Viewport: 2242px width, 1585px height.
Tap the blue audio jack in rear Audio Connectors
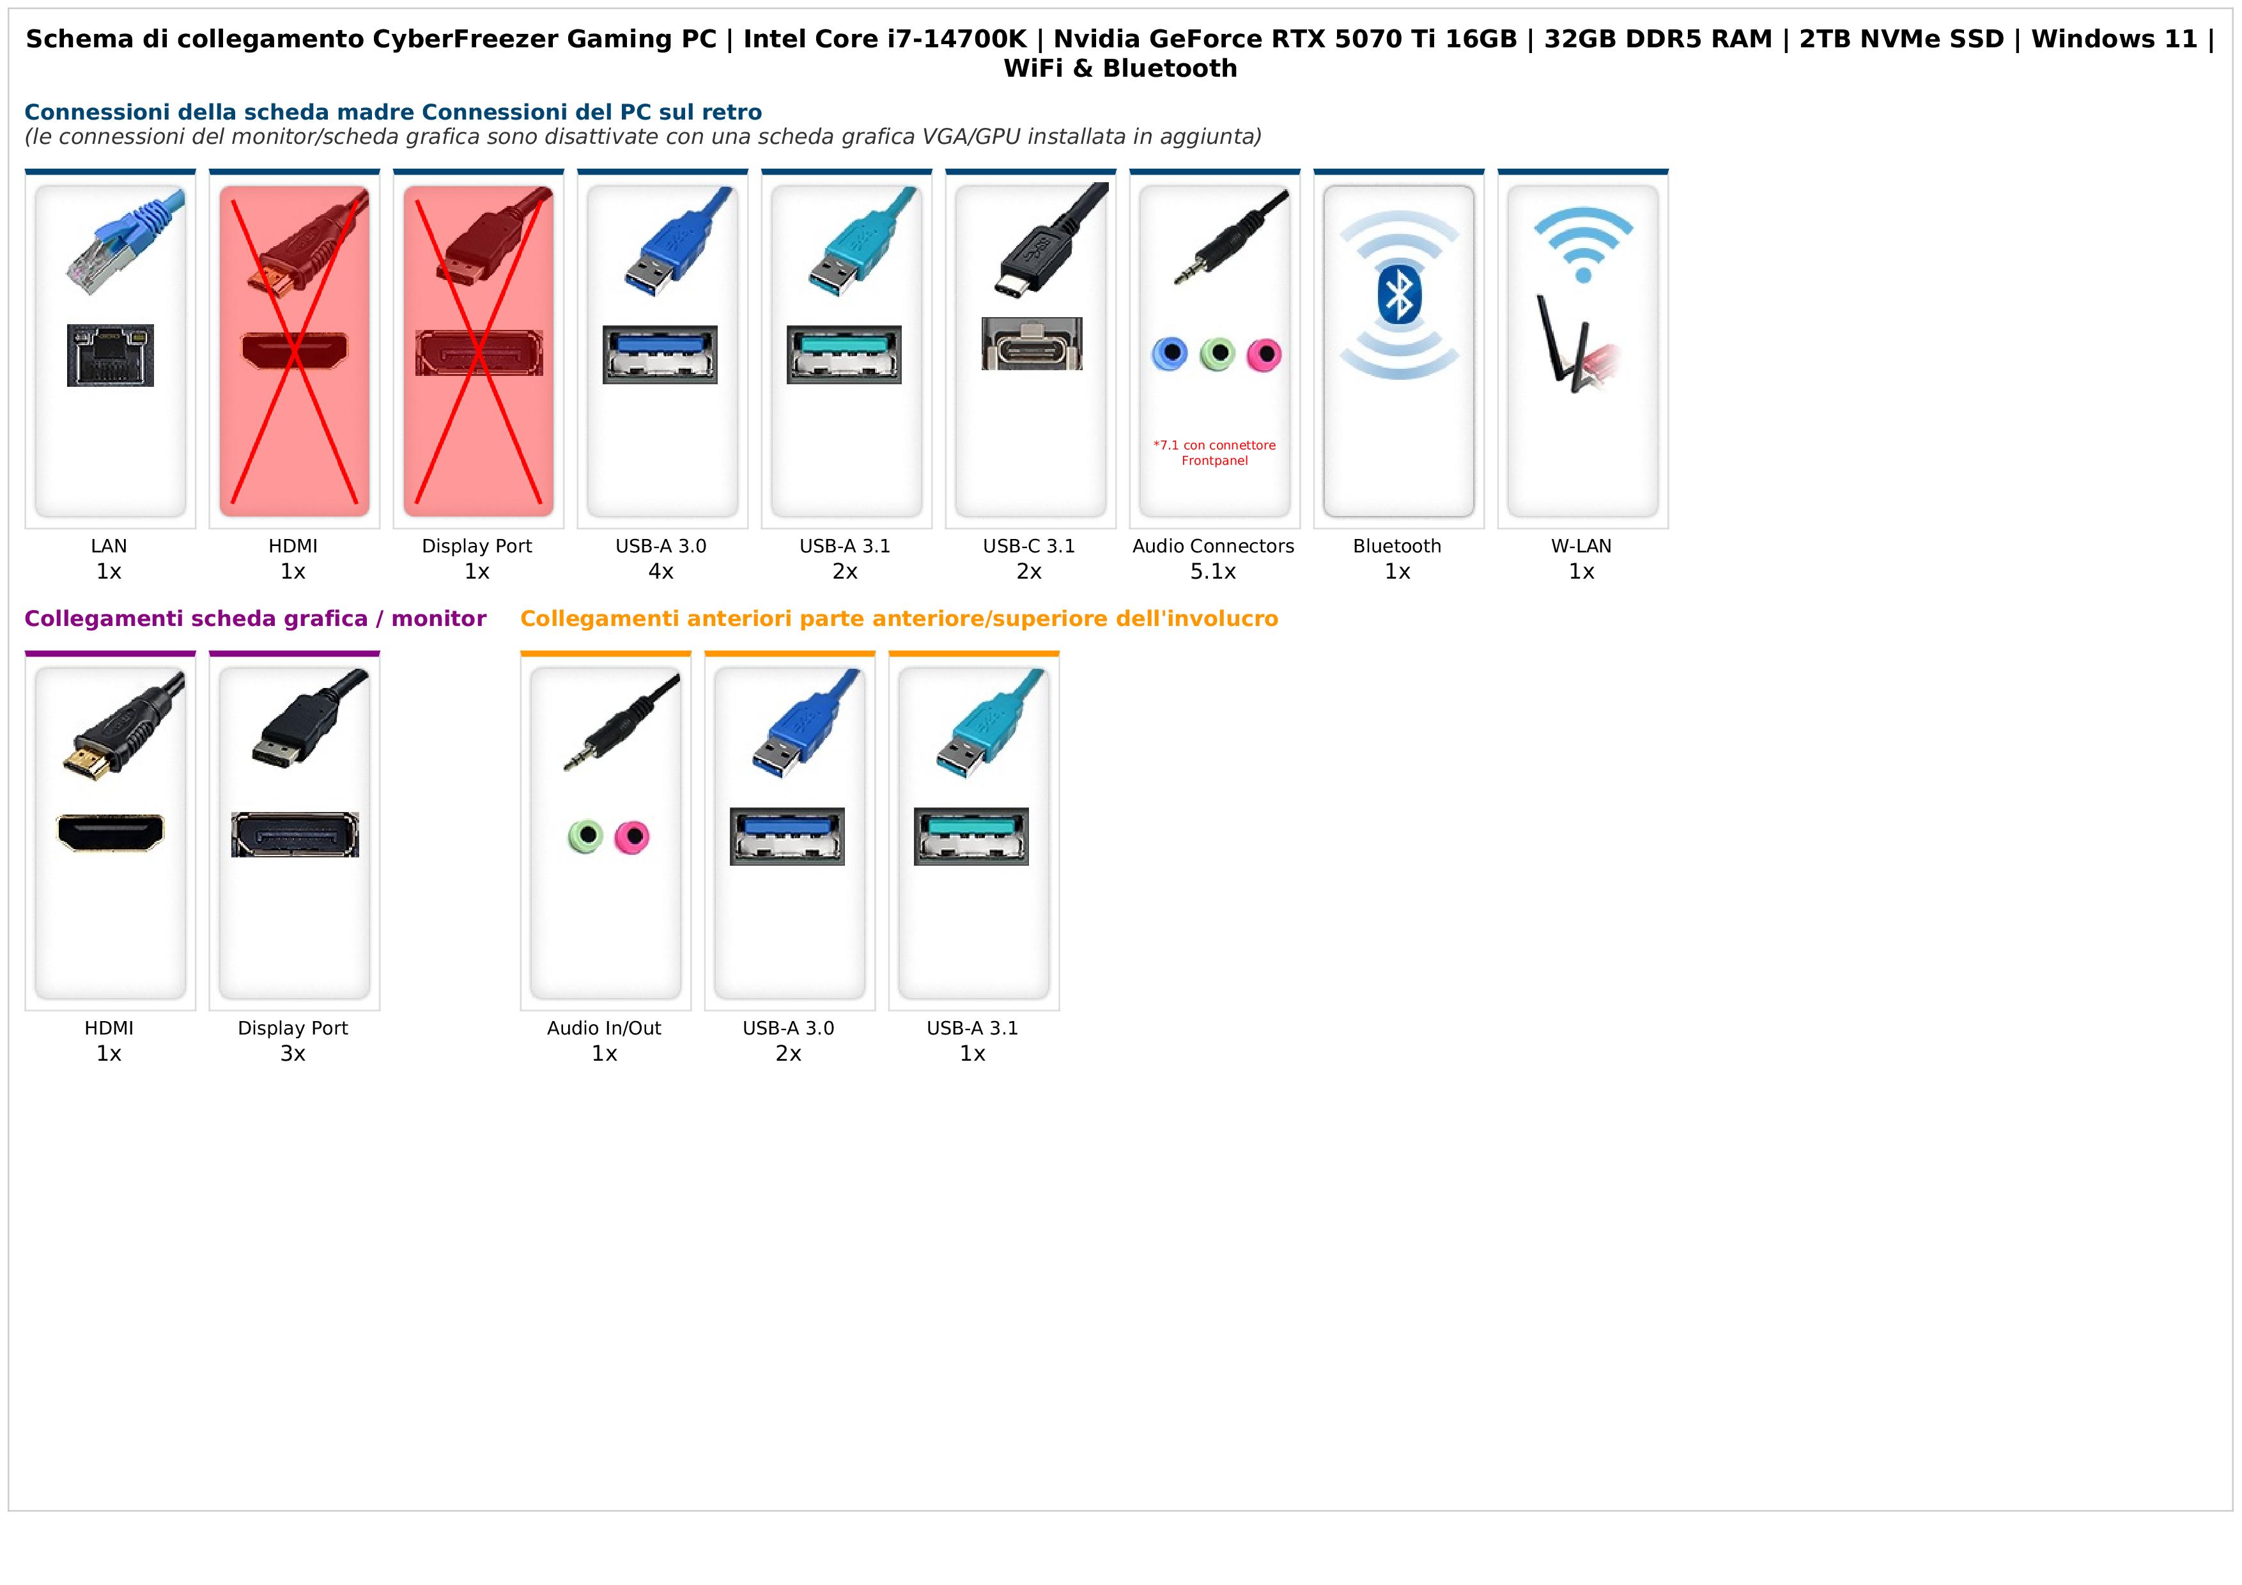pos(1169,354)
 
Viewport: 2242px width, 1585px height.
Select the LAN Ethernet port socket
pos(111,355)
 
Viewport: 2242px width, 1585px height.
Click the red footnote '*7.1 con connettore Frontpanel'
pos(1214,452)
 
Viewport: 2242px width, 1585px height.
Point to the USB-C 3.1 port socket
pos(1031,344)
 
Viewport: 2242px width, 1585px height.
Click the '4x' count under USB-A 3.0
pos(661,572)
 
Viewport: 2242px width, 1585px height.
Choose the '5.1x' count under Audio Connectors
pos(1213,572)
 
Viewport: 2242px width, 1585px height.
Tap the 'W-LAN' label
pos(1581,546)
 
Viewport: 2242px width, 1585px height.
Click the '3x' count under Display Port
pos(293,1054)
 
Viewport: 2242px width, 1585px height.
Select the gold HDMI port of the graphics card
pos(111,833)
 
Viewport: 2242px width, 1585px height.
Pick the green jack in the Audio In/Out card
pos(585,836)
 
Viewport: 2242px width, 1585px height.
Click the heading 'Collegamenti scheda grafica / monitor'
pos(255,618)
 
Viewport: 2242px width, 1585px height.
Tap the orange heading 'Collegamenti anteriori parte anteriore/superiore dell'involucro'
pos(899,618)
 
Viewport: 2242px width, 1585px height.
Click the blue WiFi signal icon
pos(1583,244)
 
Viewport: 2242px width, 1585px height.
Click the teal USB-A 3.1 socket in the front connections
pos(971,836)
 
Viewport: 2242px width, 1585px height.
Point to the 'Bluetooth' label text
pos(1396,546)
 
